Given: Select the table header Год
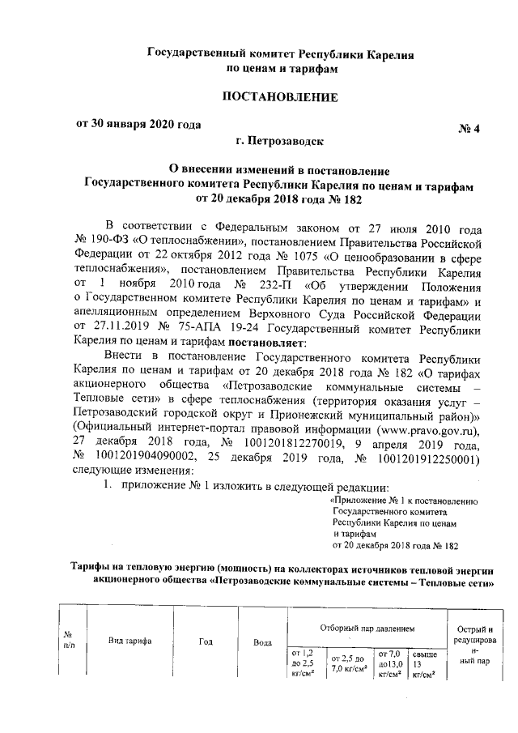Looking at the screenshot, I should pos(206,641).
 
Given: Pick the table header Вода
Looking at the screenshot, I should pos(261,641).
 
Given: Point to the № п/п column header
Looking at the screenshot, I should pos(69,641).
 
